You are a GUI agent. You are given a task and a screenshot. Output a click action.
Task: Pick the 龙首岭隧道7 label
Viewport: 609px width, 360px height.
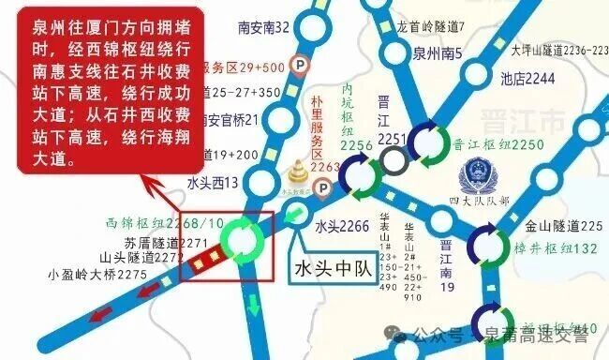click(x=434, y=28)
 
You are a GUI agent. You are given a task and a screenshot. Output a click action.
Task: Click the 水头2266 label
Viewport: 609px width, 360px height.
click(x=341, y=225)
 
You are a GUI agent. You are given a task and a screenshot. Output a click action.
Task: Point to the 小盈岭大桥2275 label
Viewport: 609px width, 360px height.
click(x=97, y=275)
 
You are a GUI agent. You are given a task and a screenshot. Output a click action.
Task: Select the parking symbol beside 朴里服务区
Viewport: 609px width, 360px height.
click(x=325, y=189)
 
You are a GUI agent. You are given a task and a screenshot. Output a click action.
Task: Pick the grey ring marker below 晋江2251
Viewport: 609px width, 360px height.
click(x=394, y=163)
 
